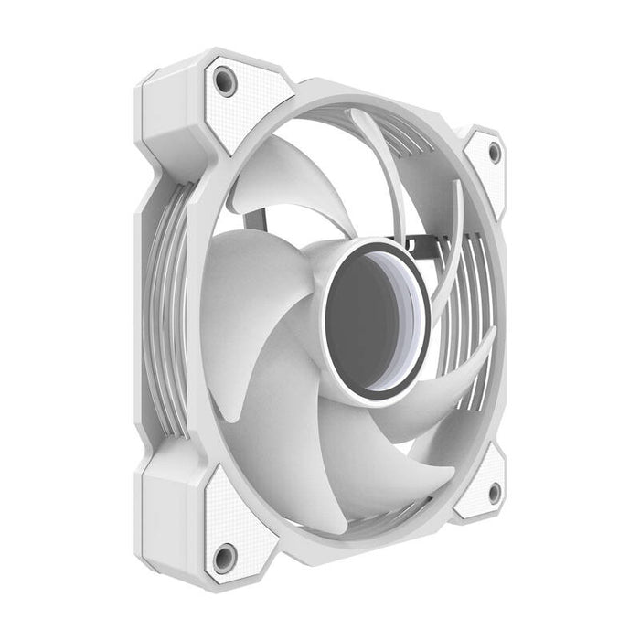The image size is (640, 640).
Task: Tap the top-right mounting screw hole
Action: tap(495, 153)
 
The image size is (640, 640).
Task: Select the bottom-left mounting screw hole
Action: tap(224, 554)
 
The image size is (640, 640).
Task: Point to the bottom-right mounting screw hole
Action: tap(495, 493)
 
